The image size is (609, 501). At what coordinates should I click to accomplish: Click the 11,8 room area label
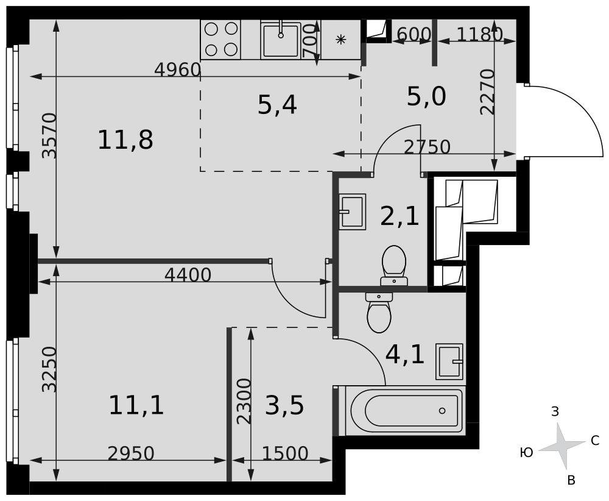(125, 140)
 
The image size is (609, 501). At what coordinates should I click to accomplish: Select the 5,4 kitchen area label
(277, 105)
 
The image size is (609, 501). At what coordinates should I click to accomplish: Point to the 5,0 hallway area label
(426, 96)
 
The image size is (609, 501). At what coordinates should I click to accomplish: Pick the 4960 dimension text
(177, 70)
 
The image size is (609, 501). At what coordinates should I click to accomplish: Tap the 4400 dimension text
(188, 275)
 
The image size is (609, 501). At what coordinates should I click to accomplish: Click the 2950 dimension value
(131, 453)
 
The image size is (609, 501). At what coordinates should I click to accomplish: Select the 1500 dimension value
(285, 453)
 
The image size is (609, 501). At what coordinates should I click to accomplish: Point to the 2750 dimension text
(427, 147)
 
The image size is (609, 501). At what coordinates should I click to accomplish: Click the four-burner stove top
(220, 39)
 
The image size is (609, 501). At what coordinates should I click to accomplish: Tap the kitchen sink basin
(281, 40)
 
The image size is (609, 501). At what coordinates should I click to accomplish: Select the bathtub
(406, 411)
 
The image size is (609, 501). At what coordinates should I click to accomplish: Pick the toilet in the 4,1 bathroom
(379, 313)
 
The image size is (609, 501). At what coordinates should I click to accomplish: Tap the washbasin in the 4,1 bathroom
(449, 361)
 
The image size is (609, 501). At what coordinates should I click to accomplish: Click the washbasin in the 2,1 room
(352, 212)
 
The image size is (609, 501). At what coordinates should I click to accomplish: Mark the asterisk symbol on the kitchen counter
(340, 39)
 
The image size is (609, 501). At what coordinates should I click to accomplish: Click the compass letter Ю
(526, 452)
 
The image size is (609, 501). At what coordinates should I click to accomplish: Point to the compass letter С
(595, 441)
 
